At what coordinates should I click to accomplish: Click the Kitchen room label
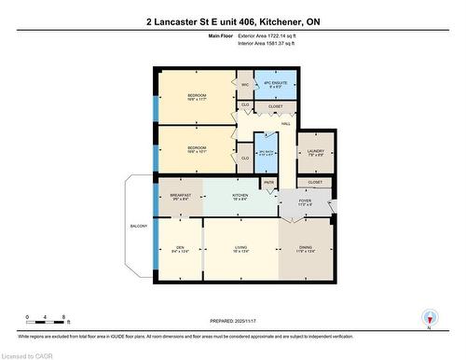[x=240, y=196]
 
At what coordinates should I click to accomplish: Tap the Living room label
[x=240, y=247]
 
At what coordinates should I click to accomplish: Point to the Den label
[x=180, y=247]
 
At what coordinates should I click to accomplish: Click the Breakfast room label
[x=181, y=196]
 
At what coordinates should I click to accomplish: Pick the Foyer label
[x=306, y=200]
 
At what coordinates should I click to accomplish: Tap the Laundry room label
[x=315, y=154]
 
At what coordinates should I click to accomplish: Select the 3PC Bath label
[x=267, y=152]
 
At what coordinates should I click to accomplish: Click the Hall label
[x=287, y=123]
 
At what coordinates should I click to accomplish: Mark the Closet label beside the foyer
[x=315, y=183]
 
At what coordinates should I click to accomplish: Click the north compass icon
[x=428, y=317]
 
